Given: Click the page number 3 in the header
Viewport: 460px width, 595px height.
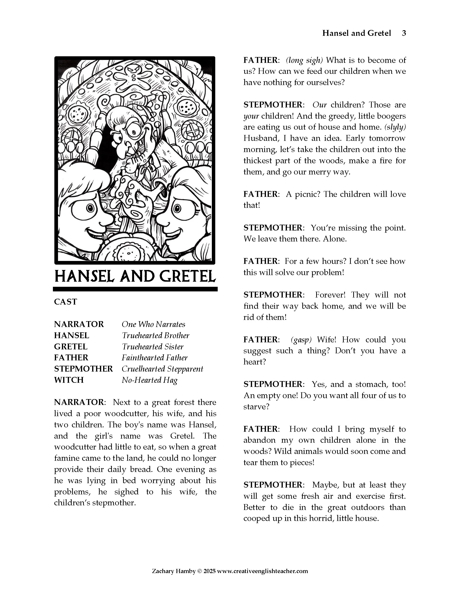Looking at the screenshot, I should pos(404,33).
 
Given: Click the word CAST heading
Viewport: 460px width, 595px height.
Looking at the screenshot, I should pos(65,302).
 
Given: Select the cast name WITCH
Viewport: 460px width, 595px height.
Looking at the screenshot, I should pos(69,380).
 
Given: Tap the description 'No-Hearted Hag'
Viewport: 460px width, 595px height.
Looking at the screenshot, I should pos(149,380).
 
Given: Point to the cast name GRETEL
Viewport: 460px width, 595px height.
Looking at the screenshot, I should pos(71,346).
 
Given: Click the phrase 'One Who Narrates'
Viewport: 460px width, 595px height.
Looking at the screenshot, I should pos(153,324).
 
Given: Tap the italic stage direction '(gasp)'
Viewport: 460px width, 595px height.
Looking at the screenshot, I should pos(301,339).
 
